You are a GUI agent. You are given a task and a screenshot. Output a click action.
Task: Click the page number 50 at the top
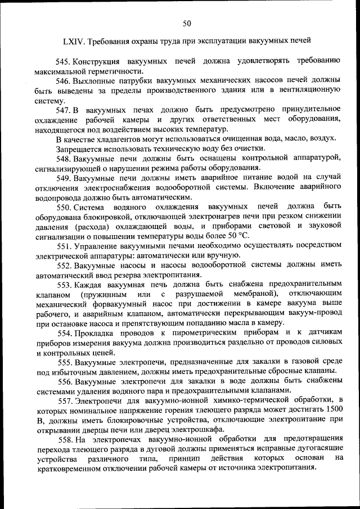click(x=187, y=22)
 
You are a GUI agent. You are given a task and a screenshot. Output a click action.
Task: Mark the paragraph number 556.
click(x=65, y=381)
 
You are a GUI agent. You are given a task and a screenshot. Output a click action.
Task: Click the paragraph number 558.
click(x=65, y=439)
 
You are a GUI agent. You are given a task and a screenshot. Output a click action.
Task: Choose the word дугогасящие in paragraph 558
click(x=318, y=449)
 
